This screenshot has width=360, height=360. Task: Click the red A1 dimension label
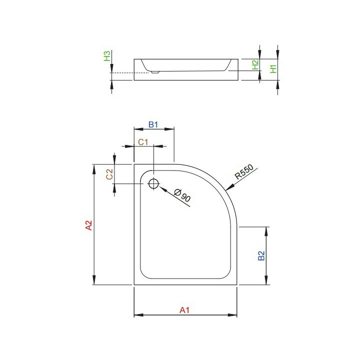pos(185,310)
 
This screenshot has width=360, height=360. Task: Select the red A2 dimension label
pos(88,225)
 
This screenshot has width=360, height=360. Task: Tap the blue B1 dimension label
pos(153,124)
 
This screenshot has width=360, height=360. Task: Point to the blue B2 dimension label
pos(261,255)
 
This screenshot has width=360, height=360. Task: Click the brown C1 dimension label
pos(143,142)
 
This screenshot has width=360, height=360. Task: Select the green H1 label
pos(272,68)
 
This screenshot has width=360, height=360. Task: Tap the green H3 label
pos(107,55)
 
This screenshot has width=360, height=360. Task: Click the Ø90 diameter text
pos(183,196)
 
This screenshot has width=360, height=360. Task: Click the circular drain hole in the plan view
pos(153,183)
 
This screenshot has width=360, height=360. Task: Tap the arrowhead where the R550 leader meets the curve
pos(228,188)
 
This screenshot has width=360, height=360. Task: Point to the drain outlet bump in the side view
pos(154,71)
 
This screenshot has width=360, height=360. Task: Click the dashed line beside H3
pos(122,73)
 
